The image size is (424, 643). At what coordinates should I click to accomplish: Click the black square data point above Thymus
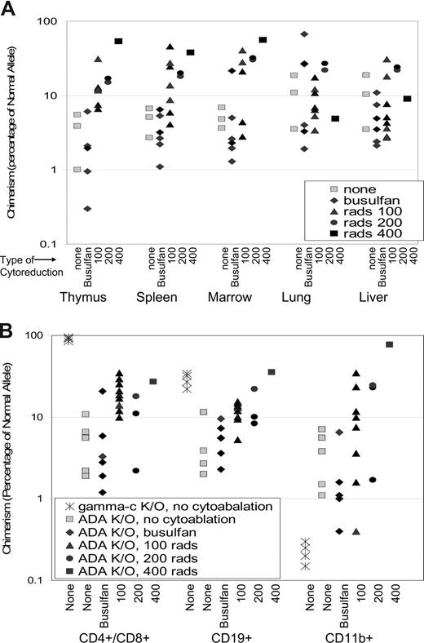(118, 41)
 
